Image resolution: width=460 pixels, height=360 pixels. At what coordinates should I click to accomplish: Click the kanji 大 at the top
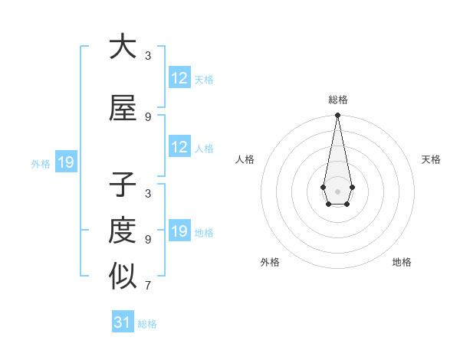[123, 47]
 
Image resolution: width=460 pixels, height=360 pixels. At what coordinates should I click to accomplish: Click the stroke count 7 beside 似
[147, 286]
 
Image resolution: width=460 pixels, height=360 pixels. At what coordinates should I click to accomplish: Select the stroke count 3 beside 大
[147, 56]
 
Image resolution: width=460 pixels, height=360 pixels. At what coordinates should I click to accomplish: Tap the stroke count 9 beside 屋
[147, 117]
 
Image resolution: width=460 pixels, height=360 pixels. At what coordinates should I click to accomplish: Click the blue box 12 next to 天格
[179, 78]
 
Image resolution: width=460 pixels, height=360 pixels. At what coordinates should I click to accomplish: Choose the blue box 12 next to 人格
[179, 147]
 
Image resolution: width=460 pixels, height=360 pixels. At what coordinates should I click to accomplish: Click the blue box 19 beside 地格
[179, 231]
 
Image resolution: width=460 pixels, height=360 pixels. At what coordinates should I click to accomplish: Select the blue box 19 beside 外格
[66, 162]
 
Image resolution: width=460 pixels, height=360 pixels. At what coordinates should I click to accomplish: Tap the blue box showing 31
[123, 322]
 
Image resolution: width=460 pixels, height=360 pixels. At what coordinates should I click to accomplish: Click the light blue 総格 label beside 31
[147, 324]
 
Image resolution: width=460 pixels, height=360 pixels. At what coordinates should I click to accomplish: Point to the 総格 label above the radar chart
[337, 100]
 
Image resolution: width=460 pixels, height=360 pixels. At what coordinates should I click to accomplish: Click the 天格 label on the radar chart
[432, 159]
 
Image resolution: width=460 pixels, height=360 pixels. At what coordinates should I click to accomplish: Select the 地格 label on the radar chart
[402, 262]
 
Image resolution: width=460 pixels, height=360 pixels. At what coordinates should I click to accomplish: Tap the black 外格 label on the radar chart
[270, 262]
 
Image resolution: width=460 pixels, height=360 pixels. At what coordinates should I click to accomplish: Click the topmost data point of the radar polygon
[337, 115]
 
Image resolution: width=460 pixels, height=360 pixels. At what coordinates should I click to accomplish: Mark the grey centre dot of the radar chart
[337, 190]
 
